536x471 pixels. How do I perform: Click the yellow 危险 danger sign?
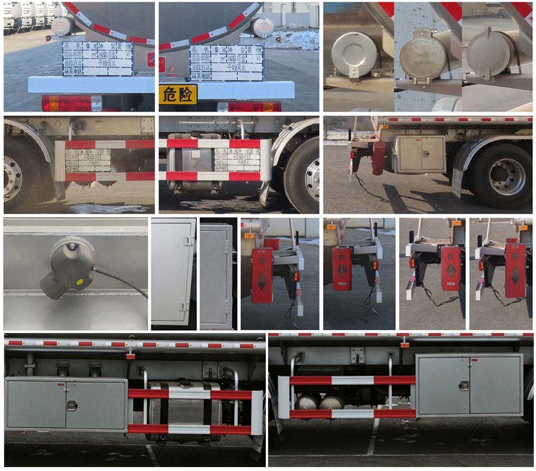pos(178,94)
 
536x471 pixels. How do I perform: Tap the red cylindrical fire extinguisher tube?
pos(379,158)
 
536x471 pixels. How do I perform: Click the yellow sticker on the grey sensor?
pos(79,281)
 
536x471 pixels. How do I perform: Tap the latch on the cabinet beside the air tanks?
pos(463,386)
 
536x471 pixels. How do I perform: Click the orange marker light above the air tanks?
pos(404,344)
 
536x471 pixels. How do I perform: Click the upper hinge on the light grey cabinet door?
pos(189,240)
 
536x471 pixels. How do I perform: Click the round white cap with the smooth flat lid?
pos(355,54)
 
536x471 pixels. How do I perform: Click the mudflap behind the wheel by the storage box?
pos(457,183)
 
